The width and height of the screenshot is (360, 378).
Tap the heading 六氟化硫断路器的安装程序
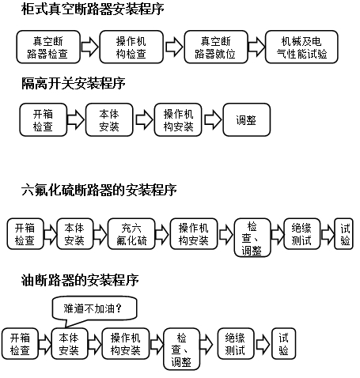[x=99, y=190]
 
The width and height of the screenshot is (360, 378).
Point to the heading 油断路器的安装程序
[x=81, y=279]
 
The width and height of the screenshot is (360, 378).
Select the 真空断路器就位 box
[x=212, y=47]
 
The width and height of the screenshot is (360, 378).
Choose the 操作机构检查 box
[x=131, y=47]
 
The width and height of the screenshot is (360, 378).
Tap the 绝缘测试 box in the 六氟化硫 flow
[x=299, y=234]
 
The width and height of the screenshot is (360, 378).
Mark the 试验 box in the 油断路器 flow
[x=284, y=343]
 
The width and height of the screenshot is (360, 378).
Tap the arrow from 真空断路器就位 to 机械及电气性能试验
[x=254, y=47]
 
